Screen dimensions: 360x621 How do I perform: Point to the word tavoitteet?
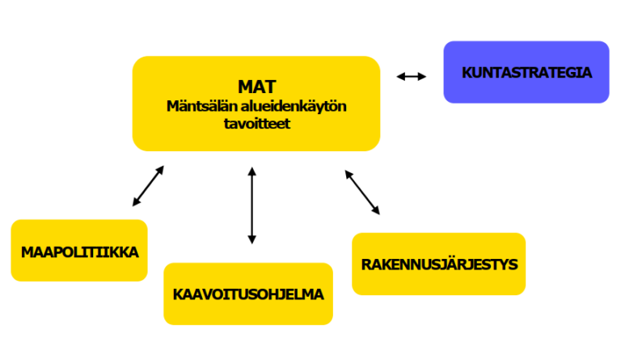[256, 125]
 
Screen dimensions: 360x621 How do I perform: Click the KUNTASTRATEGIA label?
[526, 72]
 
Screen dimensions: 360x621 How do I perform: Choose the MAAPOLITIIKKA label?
[80, 252]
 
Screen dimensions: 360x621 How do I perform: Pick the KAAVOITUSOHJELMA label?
[248, 294]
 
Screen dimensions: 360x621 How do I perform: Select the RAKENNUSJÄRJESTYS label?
[439, 264]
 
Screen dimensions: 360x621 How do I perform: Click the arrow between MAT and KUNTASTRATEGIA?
[412, 77]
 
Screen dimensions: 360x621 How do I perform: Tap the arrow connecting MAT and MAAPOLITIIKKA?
[148, 186]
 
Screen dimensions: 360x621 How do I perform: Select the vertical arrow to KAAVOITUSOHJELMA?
[252, 205]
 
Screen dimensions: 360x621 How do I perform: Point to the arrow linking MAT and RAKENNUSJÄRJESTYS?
[362, 192]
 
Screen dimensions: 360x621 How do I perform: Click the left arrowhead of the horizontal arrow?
[399, 77]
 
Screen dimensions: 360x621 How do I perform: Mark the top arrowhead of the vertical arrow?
[252, 171]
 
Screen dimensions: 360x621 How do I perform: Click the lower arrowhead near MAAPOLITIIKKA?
[133, 203]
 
